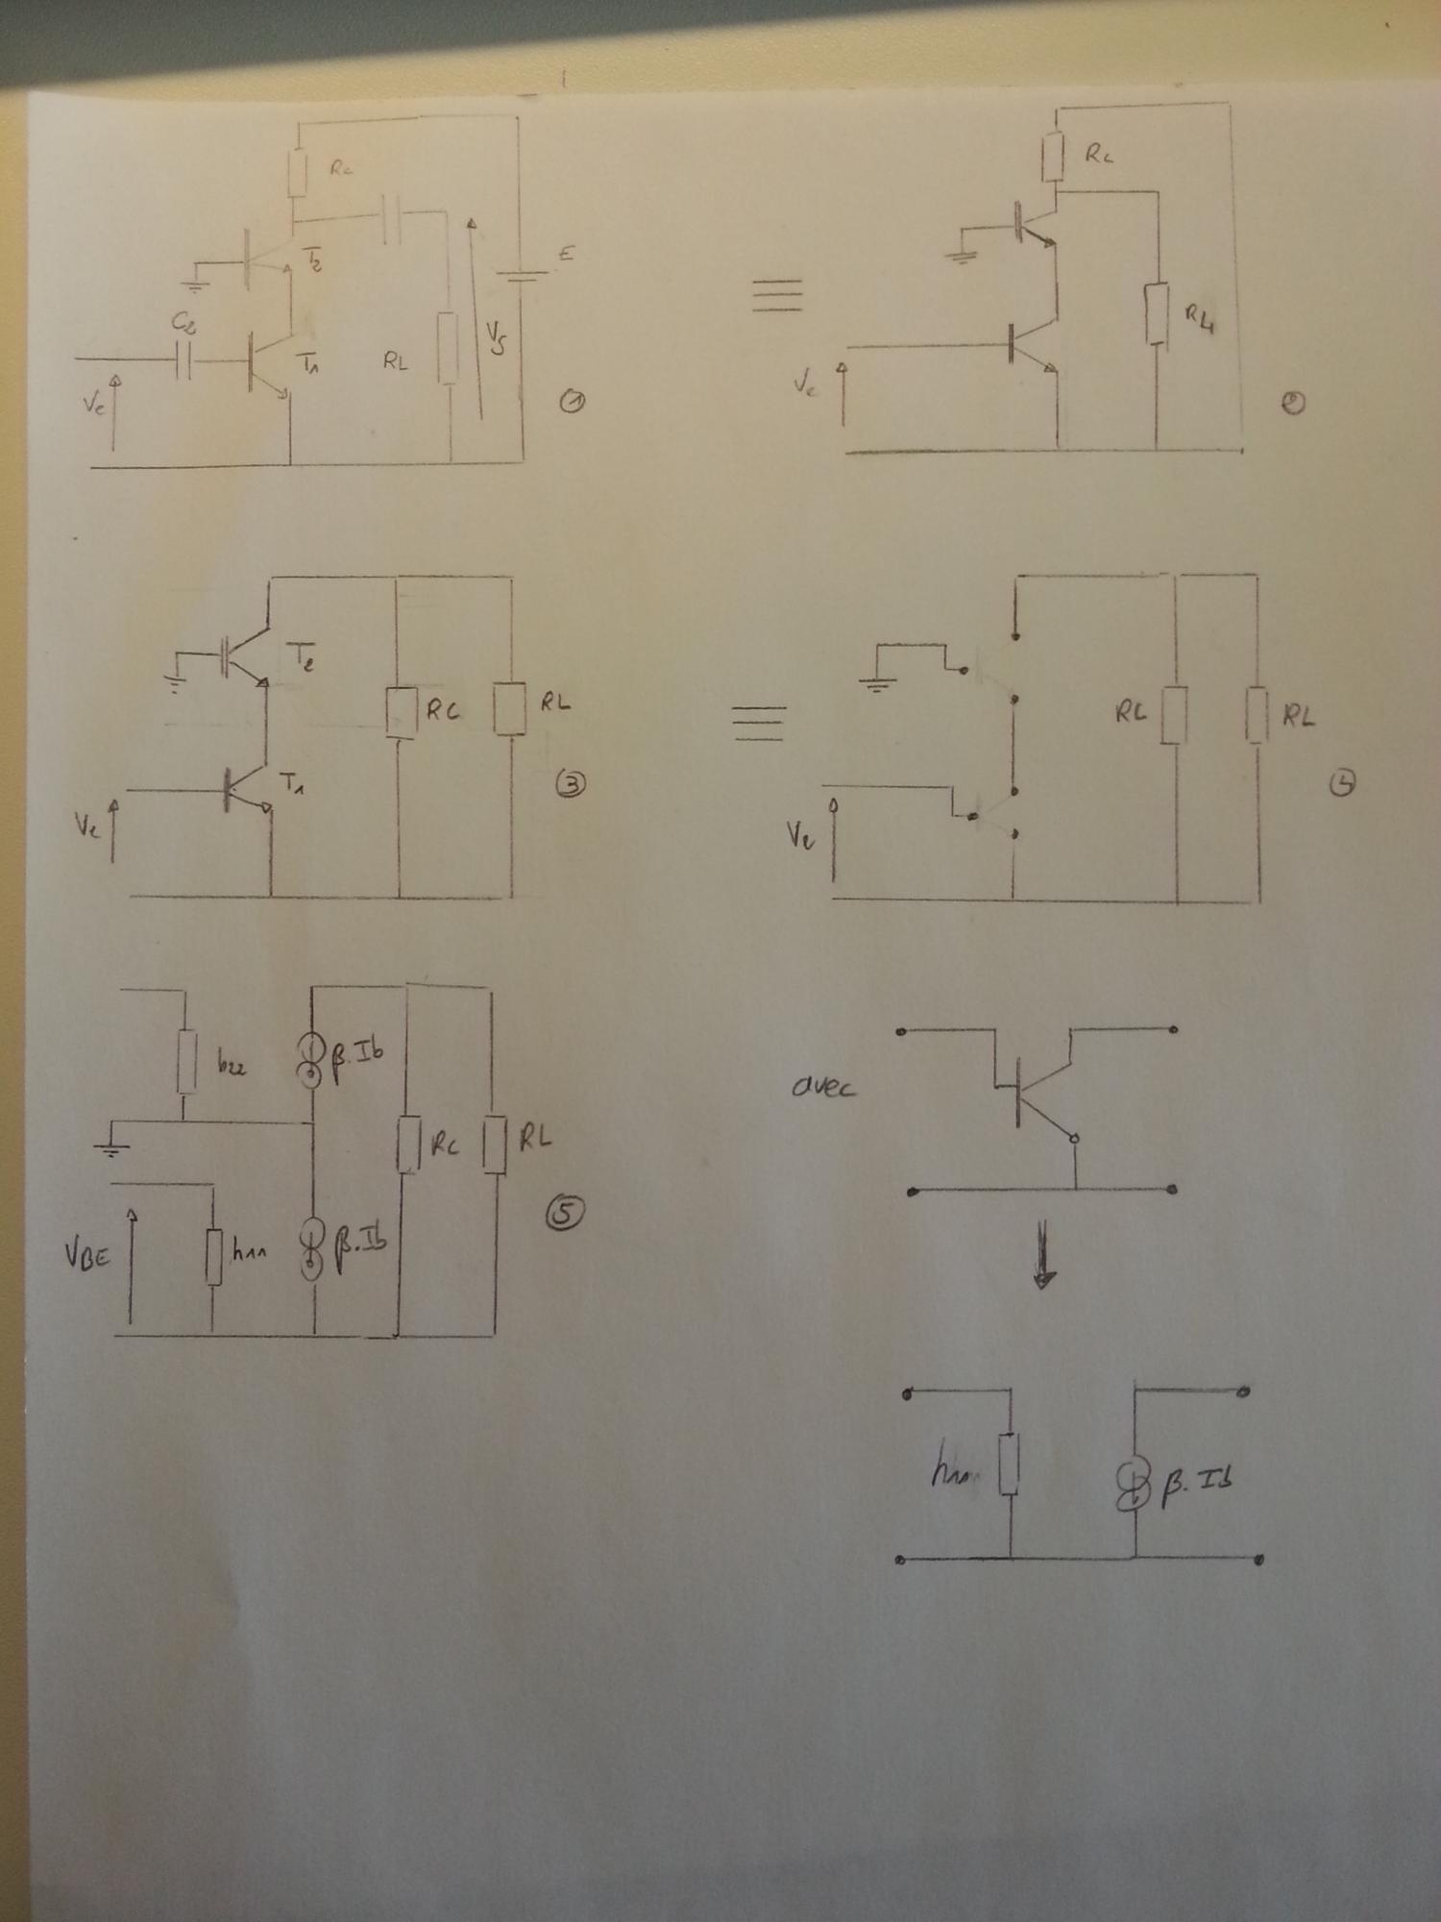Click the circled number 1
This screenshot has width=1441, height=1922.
click(573, 403)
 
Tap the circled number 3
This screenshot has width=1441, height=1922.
click(572, 785)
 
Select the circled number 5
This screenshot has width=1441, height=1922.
click(564, 1215)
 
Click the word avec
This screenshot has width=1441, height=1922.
click(824, 1088)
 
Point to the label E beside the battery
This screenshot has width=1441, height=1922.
click(565, 254)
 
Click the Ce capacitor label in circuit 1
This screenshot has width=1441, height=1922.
click(184, 324)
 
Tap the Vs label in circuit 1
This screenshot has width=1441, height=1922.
click(496, 338)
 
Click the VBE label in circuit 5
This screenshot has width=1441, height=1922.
click(87, 1256)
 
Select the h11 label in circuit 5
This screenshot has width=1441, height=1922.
click(249, 1251)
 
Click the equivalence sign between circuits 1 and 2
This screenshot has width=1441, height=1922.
click(776, 294)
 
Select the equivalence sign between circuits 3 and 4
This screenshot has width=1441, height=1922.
click(759, 722)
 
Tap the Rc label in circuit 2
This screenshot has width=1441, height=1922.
click(1099, 154)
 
